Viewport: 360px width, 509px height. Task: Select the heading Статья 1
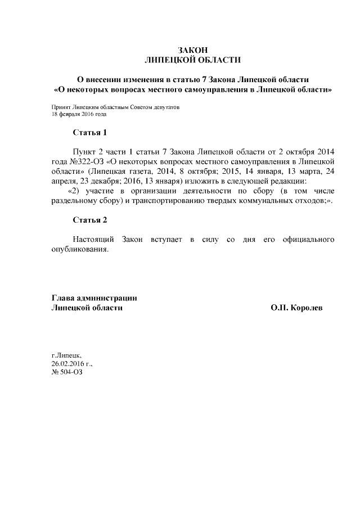89,133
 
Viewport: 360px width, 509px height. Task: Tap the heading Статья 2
89,219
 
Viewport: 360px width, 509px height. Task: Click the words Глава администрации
94,298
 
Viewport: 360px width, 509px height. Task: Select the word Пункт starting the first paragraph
85,152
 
